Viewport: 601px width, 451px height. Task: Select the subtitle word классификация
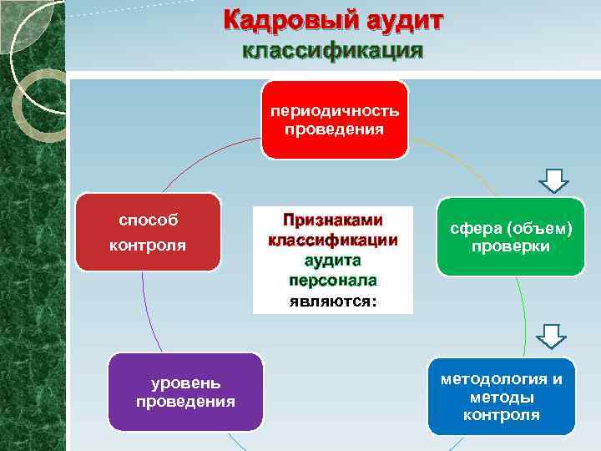click(332, 51)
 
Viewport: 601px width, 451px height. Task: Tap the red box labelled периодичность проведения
click(335, 119)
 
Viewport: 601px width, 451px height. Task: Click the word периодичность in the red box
click(334, 111)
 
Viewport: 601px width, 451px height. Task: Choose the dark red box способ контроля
click(148, 232)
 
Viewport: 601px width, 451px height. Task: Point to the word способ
click(148, 220)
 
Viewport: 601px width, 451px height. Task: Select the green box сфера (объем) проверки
click(511, 237)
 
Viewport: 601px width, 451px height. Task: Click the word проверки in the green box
click(511, 246)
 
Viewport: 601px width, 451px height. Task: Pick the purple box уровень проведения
click(185, 392)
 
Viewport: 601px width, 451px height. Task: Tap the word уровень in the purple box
click(185, 383)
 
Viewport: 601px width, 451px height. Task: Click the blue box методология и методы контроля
click(502, 396)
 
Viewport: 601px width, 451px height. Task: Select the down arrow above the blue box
click(551, 336)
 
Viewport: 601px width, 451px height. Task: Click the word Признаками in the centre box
click(332, 220)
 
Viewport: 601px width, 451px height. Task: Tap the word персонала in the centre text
click(332, 280)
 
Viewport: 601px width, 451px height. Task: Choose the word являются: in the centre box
click(332, 301)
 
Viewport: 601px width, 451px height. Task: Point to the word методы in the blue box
click(502, 397)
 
